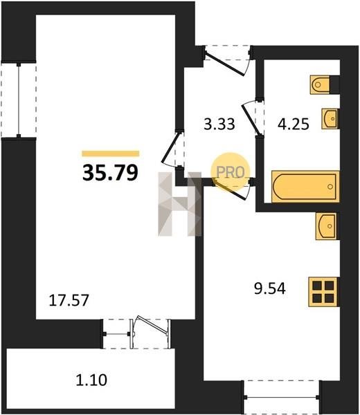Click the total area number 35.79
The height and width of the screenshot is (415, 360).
click(110, 172)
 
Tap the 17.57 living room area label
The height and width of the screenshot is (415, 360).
click(69, 301)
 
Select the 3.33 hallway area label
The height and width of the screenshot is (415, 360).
click(219, 124)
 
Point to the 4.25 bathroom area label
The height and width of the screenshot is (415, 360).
click(294, 124)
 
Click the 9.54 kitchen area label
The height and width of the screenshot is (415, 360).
click(270, 288)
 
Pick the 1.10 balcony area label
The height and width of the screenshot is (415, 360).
click(91, 380)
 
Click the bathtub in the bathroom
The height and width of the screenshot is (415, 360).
click(305, 187)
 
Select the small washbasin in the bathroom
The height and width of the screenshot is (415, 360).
click(330, 118)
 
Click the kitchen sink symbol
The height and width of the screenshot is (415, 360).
click(326, 226)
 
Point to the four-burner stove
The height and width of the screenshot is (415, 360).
click(323, 292)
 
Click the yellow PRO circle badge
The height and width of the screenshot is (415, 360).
click(231, 172)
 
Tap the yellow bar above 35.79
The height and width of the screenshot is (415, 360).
click(111, 154)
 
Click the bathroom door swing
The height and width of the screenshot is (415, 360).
click(253, 118)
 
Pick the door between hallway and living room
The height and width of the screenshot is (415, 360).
click(172, 148)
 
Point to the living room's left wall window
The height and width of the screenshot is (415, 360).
click(19, 100)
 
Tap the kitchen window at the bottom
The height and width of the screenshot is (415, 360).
click(282, 396)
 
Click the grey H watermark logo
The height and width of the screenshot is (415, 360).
click(179, 204)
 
